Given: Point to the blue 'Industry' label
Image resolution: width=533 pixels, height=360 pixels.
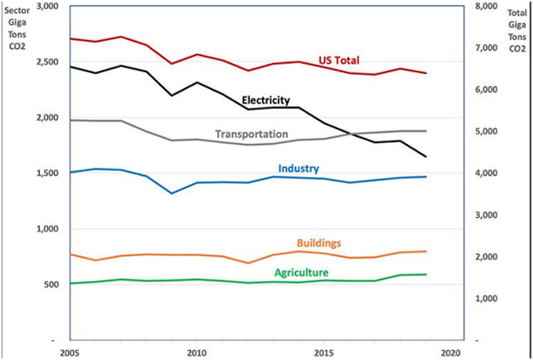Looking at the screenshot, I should pyautogui.click(x=298, y=168).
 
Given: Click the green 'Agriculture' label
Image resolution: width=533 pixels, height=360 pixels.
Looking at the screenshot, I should pyautogui.click(x=301, y=272).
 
